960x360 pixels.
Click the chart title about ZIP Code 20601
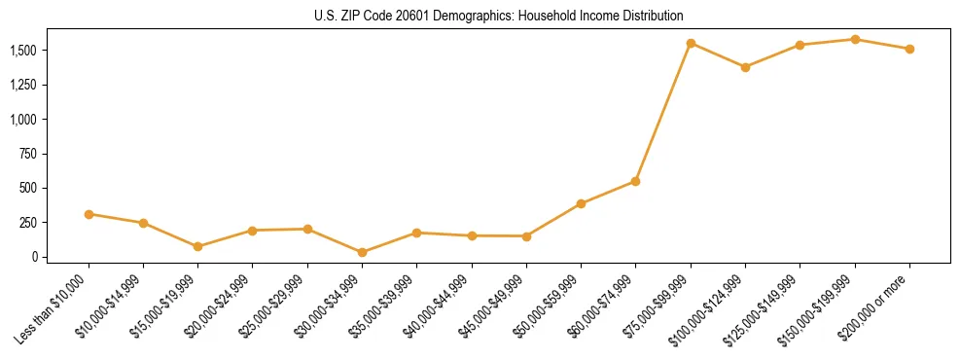[x=480, y=16]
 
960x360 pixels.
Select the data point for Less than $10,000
[x=89, y=214]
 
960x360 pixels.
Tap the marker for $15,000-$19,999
[x=198, y=246]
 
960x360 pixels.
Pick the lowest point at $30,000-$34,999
[x=362, y=252]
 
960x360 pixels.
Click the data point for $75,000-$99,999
[x=691, y=43]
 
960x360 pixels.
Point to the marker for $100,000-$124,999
[x=745, y=67]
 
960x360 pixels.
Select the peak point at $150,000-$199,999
[x=855, y=39]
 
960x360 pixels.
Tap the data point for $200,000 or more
[x=909, y=49]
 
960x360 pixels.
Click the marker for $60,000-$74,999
[x=635, y=181]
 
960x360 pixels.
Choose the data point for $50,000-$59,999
[x=581, y=203]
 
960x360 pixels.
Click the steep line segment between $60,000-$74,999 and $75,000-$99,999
[x=663, y=112]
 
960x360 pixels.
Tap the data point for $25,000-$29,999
[x=307, y=229]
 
